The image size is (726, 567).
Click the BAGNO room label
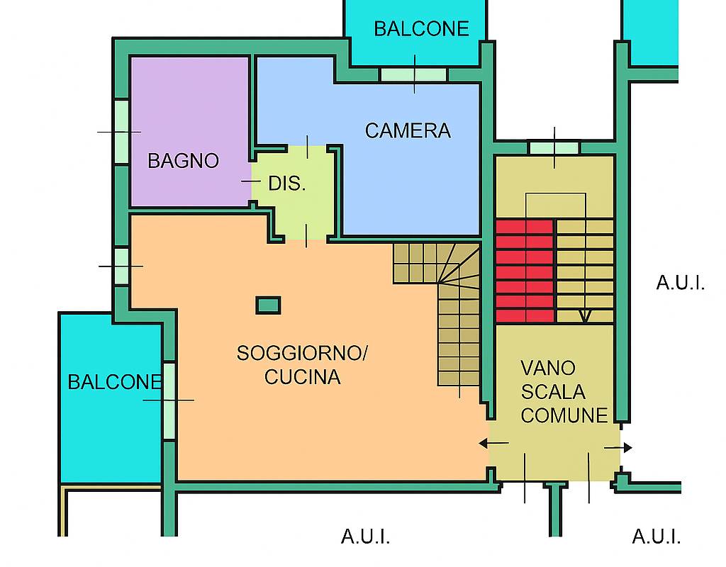[x=184, y=161]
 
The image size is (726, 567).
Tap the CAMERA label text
[x=408, y=130]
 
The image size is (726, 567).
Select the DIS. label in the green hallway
[x=287, y=184]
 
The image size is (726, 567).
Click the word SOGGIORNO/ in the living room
[x=302, y=353]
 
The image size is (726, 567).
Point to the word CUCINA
[x=302, y=377]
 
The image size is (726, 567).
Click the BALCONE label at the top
[x=421, y=28]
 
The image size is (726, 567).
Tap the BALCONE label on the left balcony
[x=114, y=382]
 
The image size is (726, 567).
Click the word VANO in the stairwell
[x=548, y=369]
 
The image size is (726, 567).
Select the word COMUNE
[x=564, y=415]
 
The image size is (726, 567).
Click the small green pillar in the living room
[x=269, y=305]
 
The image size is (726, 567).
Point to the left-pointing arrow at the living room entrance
[x=493, y=444]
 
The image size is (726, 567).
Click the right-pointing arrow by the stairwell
[x=618, y=448]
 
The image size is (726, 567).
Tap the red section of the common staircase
[x=525, y=271]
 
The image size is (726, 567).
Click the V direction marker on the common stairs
[x=585, y=315]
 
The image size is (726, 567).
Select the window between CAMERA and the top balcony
[x=413, y=74]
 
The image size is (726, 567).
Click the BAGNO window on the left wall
[x=121, y=131]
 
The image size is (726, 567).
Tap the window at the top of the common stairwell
[x=554, y=147]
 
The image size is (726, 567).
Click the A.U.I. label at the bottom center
[x=366, y=537]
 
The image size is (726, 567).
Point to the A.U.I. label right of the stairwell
[x=681, y=282]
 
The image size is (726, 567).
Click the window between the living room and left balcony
[x=169, y=401]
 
